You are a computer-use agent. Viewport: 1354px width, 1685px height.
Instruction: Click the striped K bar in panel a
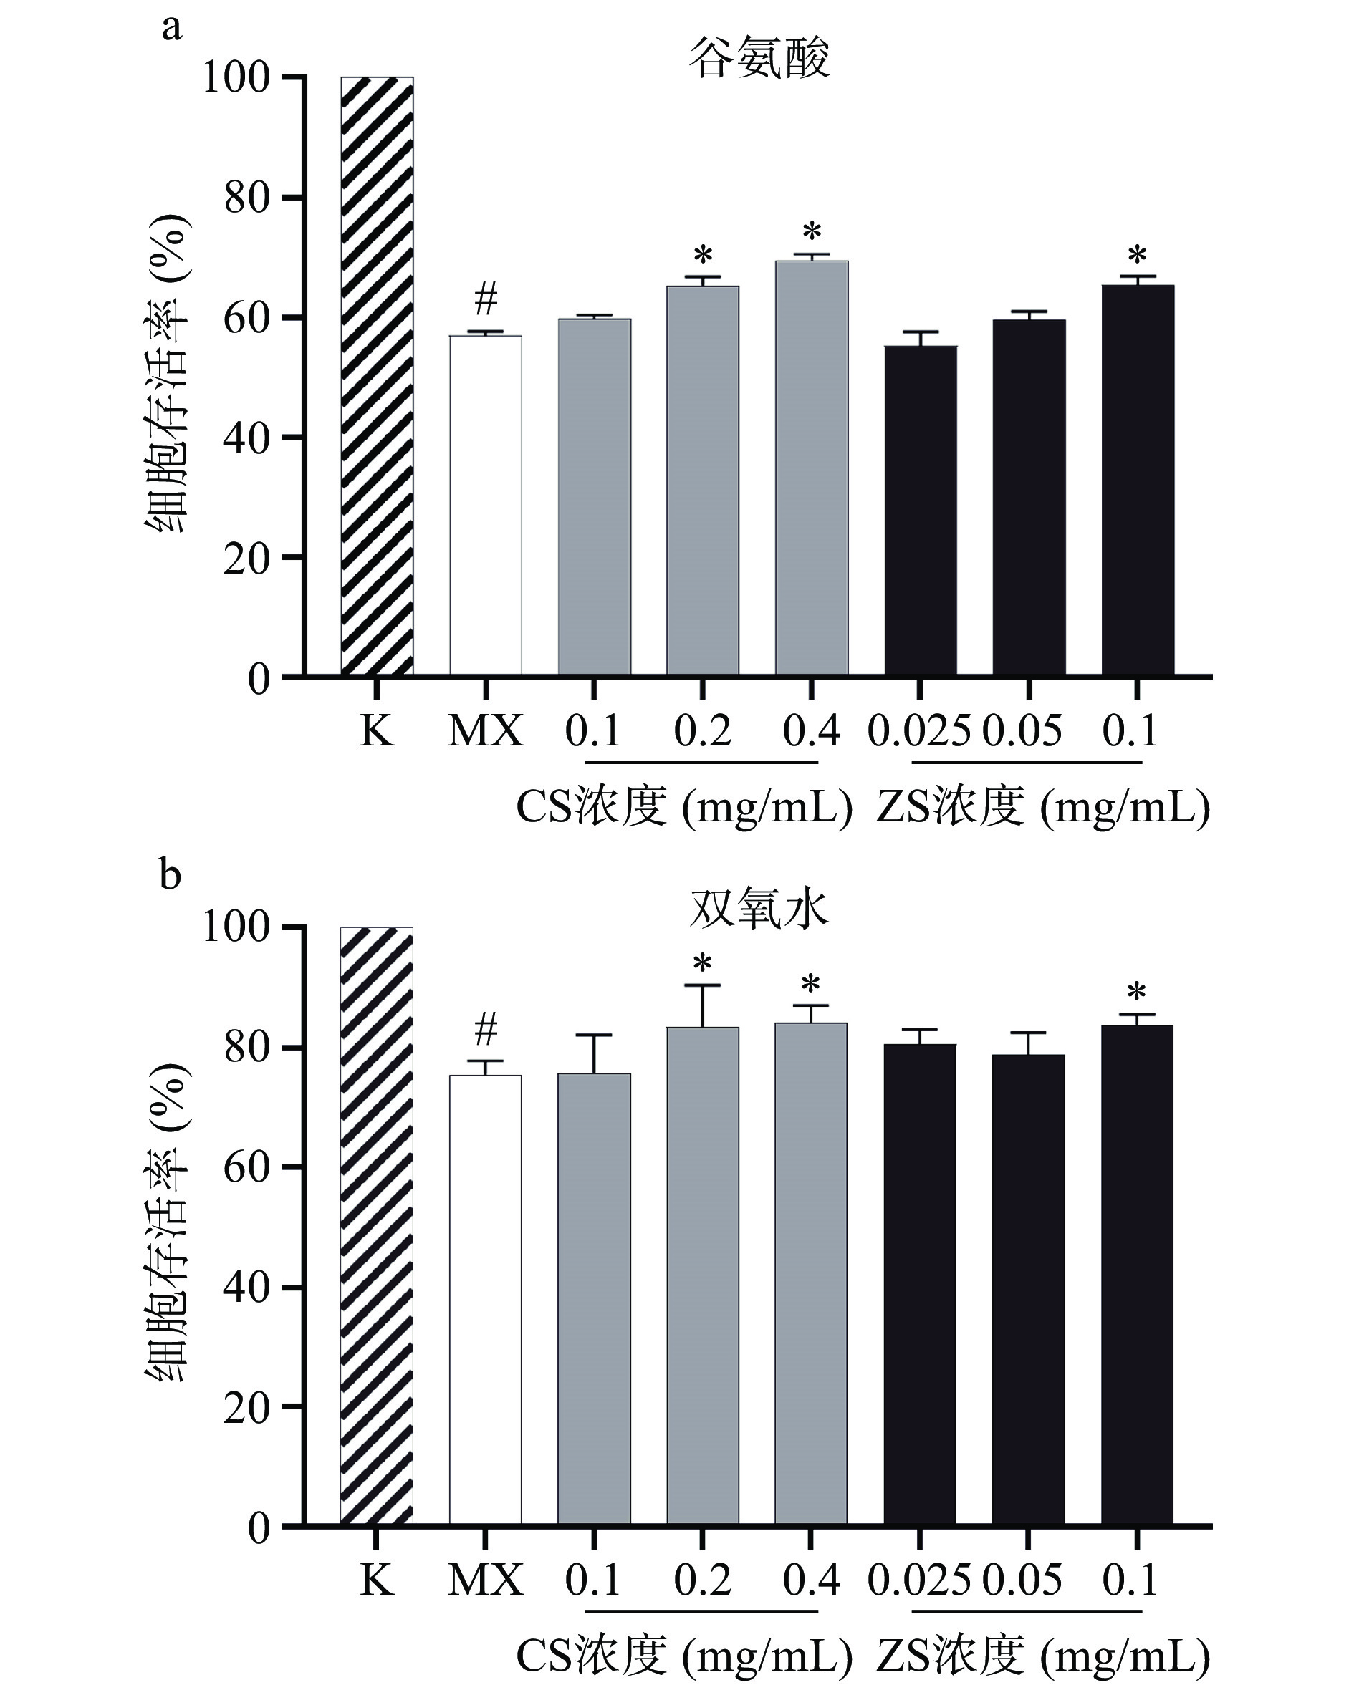(x=377, y=376)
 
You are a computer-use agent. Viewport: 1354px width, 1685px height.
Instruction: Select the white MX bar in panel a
(x=486, y=505)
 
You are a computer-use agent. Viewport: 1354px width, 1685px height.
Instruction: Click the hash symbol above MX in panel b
(x=486, y=1029)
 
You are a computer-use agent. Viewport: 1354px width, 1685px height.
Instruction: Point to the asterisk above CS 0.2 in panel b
(x=703, y=963)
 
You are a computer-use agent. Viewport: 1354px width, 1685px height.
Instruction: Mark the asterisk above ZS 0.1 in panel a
(x=1138, y=255)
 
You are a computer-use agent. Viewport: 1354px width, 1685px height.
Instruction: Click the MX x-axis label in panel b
(x=486, y=1580)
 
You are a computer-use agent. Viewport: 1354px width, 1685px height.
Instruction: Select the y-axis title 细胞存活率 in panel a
(x=166, y=375)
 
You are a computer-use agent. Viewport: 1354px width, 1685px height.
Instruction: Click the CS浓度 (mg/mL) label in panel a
(x=684, y=806)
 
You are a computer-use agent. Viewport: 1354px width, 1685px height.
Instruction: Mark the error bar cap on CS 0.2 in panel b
(x=703, y=985)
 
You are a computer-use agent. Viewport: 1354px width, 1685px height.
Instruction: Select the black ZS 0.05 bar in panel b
(x=1029, y=1290)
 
